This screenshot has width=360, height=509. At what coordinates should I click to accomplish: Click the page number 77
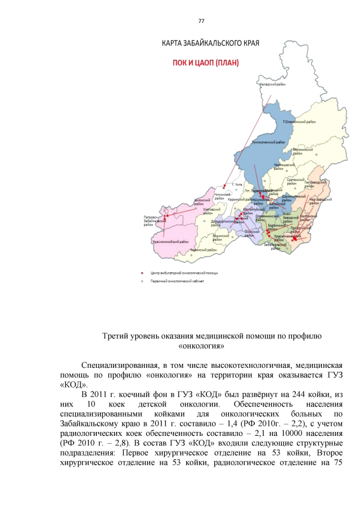[x=201, y=21]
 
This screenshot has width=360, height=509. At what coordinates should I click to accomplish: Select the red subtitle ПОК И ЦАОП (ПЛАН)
[x=206, y=63]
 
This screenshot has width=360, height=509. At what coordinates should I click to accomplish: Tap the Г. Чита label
[x=237, y=185]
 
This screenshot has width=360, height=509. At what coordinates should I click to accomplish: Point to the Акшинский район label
[x=220, y=237]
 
